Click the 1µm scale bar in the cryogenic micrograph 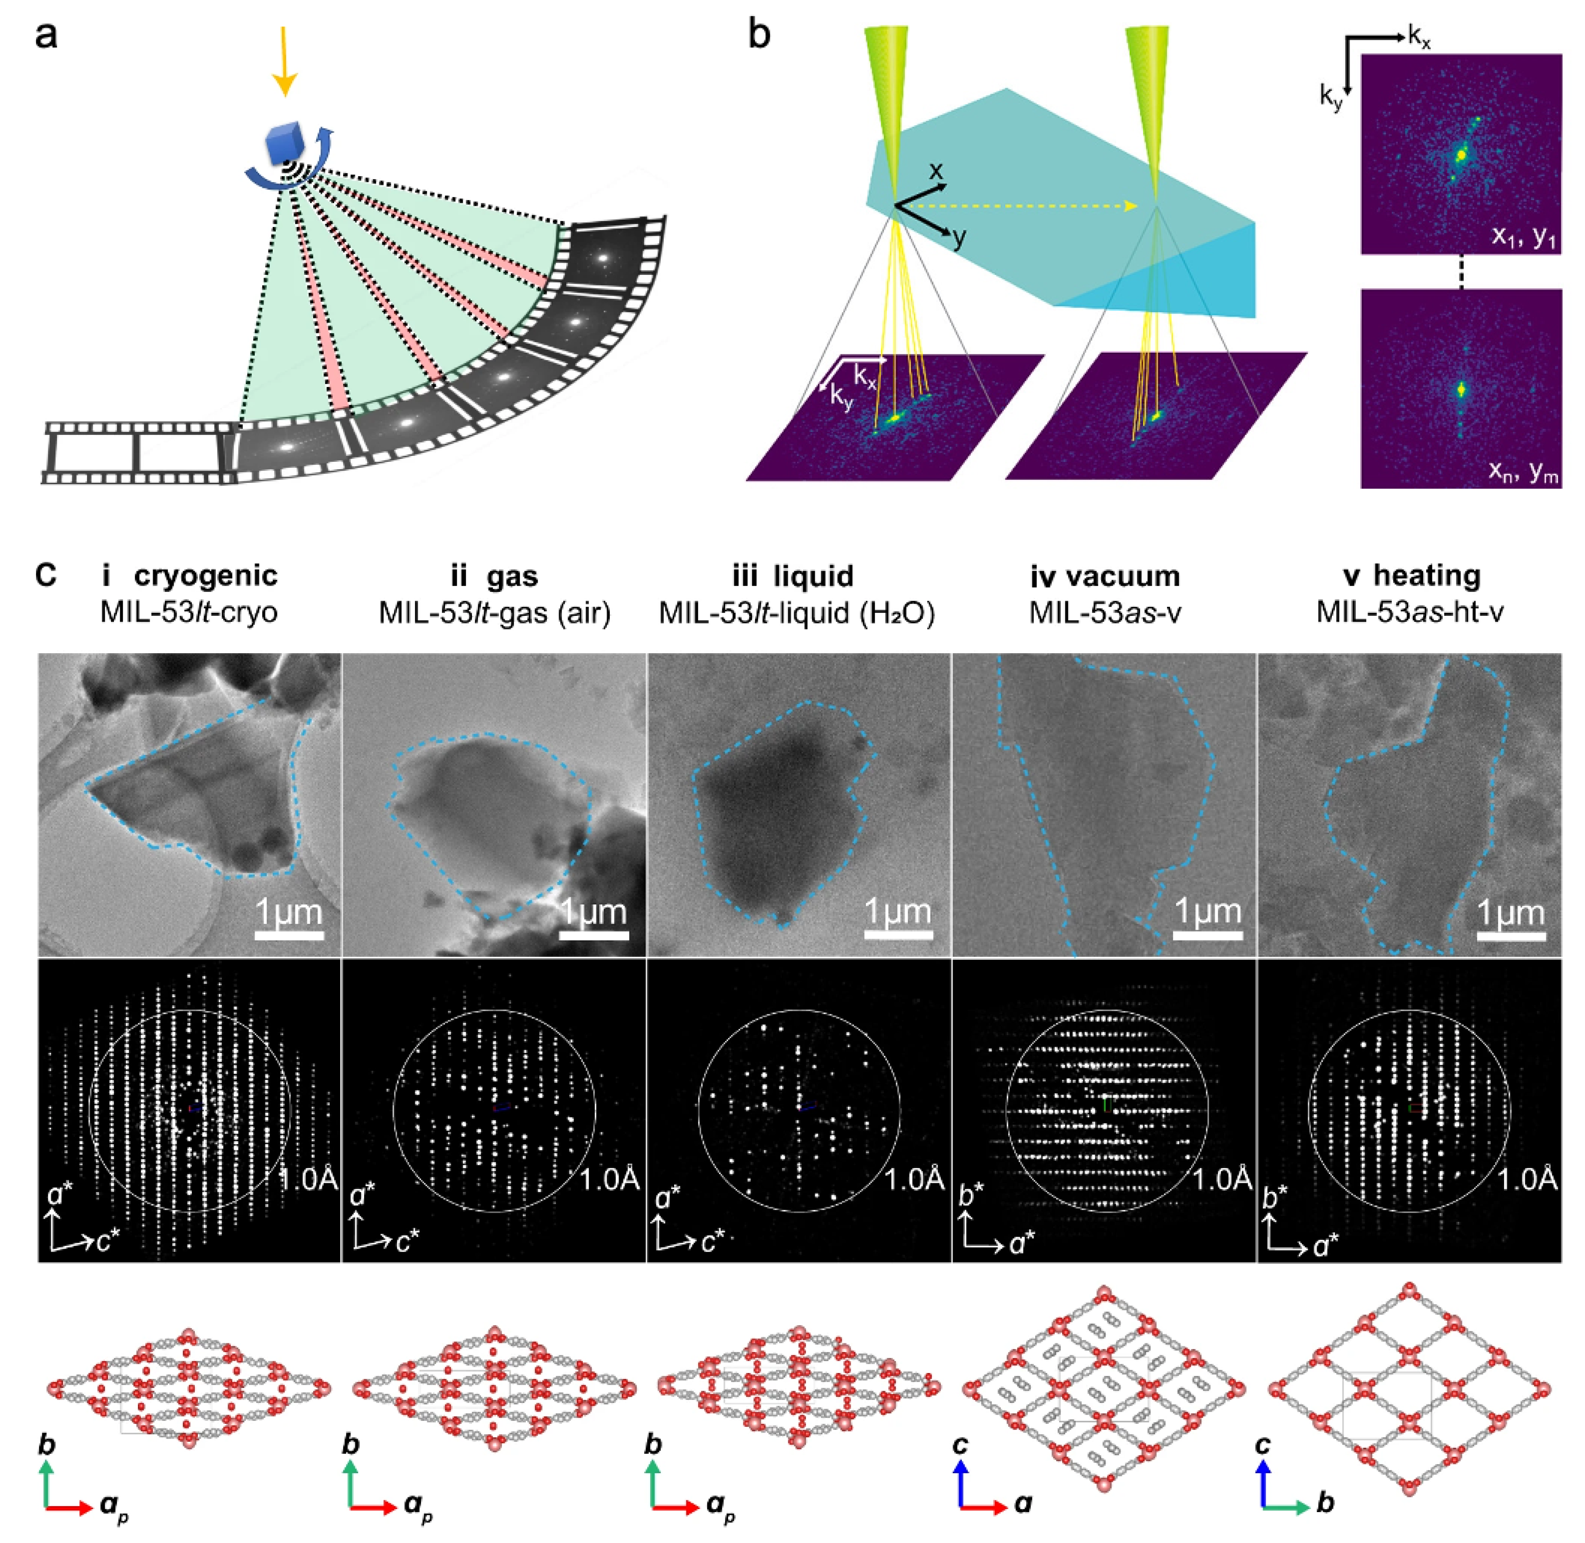tap(289, 935)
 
